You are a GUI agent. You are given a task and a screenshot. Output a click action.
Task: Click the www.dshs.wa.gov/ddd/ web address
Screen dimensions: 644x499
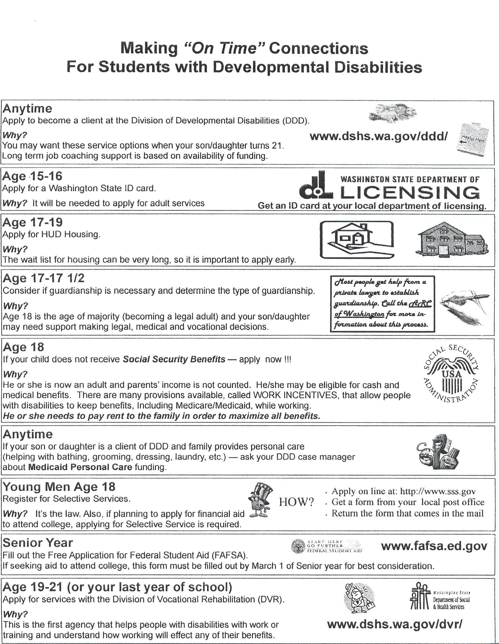pyautogui.click(x=378, y=136)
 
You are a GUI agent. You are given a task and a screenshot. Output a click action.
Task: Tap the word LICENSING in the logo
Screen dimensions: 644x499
pyautogui.click(x=410, y=193)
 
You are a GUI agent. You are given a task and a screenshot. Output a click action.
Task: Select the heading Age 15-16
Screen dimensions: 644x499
pyautogui.click(x=32, y=176)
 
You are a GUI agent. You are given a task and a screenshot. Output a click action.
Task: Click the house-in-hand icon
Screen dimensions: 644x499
pyautogui.click(x=357, y=240)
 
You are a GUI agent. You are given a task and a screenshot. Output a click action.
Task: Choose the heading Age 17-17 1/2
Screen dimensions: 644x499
pyautogui.click(x=44, y=278)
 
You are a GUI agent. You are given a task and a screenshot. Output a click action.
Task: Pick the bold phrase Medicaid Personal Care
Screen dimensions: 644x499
pyautogui.click(x=80, y=467)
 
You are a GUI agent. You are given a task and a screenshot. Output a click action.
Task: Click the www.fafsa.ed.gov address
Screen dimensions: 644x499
pyautogui.click(x=434, y=546)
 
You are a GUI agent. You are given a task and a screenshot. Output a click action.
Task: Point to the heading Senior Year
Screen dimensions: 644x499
pyautogui.click(x=37, y=543)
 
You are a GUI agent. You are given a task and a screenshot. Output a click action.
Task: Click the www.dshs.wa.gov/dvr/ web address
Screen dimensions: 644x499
pyautogui.click(x=395, y=624)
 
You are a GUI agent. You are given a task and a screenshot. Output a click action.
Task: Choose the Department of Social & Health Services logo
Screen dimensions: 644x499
pyautogui.click(x=439, y=600)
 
